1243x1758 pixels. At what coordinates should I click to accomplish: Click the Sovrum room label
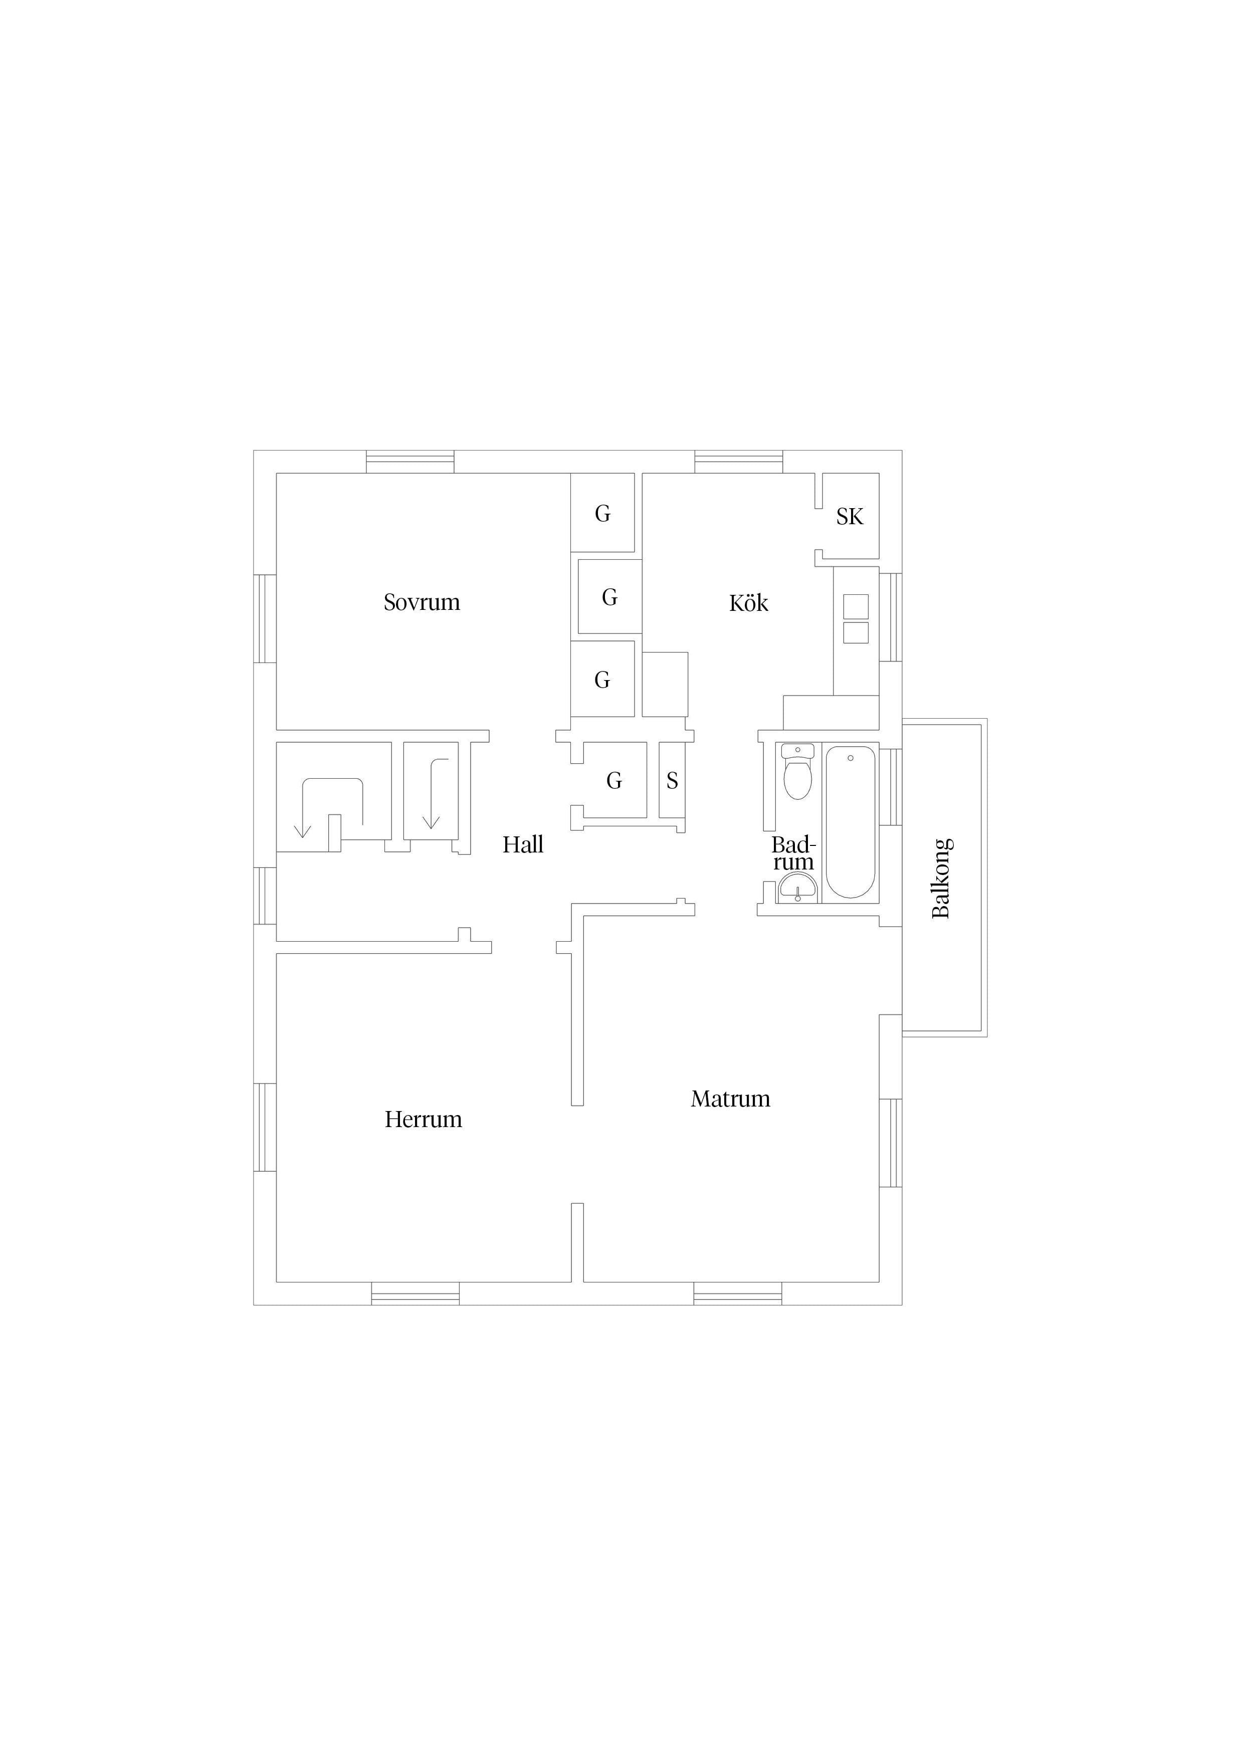[x=422, y=602]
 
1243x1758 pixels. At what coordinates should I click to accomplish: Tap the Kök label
[x=748, y=603]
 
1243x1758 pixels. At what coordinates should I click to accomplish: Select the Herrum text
[x=424, y=1120]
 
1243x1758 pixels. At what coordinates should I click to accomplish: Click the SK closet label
[x=850, y=518]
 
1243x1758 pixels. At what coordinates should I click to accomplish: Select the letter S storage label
[x=673, y=780]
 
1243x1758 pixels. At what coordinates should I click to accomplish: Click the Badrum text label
[x=793, y=854]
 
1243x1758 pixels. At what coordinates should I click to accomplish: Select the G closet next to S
[x=614, y=780]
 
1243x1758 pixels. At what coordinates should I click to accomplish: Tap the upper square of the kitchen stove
[x=856, y=606]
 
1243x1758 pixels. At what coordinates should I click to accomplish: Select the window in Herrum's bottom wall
[x=415, y=1293]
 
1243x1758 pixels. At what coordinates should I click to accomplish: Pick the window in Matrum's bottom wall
[x=737, y=1293]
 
